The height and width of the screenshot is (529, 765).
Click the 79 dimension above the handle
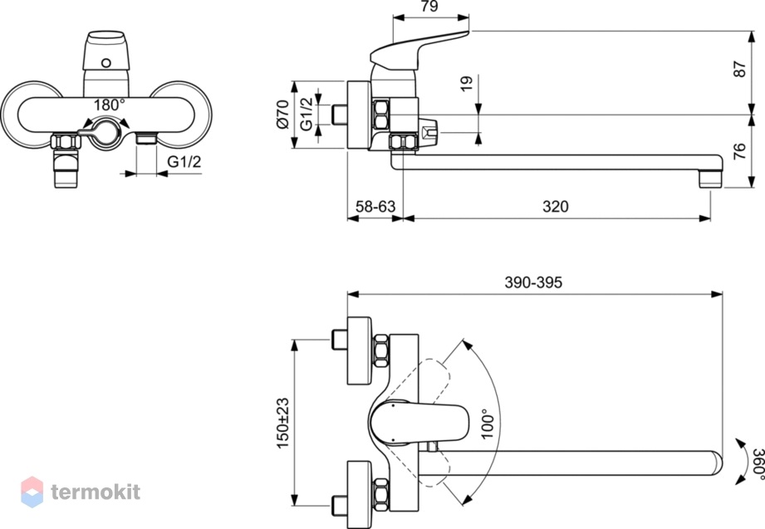click(x=429, y=6)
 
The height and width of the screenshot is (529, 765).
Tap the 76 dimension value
click(x=739, y=151)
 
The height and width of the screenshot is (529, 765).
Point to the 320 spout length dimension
click(x=555, y=207)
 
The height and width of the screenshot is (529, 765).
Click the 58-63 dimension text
click(x=375, y=207)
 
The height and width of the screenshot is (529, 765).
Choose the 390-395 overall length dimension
click(x=533, y=282)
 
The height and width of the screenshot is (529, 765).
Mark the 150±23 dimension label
click(x=283, y=424)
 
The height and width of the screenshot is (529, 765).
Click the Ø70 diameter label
click(x=283, y=115)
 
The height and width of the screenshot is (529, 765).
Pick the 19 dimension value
click(x=467, y=83)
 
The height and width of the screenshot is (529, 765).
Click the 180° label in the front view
click(x=110, y=105)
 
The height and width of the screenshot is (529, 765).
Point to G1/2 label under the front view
click(x=184, y=162)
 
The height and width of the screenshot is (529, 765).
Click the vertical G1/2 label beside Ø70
click(x=306, y=115)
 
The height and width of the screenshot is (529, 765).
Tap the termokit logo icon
click(x=32, y=492)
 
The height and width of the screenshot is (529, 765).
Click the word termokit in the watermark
click(x=96, y=492)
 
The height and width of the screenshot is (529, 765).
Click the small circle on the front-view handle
click(x=106, y=62)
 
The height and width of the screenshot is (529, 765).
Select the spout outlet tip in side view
click(x=710, y=179)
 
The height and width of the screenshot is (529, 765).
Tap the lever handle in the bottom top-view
click(x=419, y=422)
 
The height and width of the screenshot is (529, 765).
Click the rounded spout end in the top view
click(x=717, y=463)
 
